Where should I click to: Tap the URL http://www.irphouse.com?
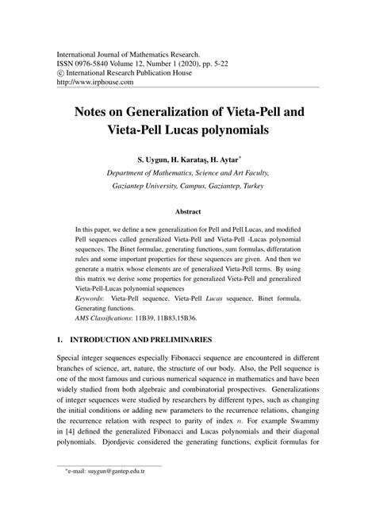coord(95,81)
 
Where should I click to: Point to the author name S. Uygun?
coord(155,160)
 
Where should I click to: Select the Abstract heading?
coord(188,213)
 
